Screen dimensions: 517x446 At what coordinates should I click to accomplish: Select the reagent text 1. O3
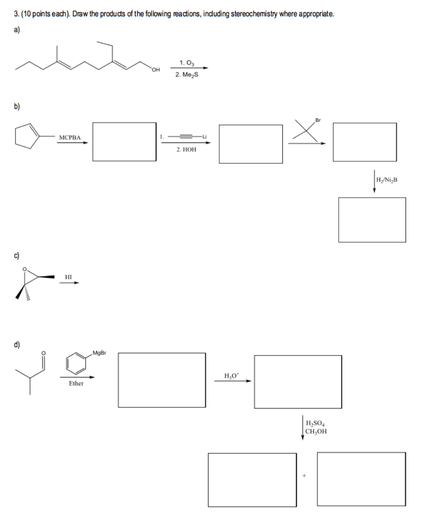coord(186,62)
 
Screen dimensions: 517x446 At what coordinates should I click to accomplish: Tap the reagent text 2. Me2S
coord(186,75)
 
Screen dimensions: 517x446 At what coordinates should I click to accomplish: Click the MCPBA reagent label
coord(70,137)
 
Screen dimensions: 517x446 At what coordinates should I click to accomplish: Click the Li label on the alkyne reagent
coord(205,136)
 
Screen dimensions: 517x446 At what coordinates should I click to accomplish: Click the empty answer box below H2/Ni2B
coord(372,219)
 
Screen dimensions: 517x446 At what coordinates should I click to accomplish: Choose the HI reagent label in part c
coord(69,277)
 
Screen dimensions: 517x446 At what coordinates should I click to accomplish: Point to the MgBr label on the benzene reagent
coord(98,353)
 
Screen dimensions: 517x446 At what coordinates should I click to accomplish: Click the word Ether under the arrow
coord(76,383)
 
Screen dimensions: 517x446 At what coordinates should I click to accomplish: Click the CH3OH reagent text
coord(316,431)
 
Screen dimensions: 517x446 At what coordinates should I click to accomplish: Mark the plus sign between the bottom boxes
coord(305,475)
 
